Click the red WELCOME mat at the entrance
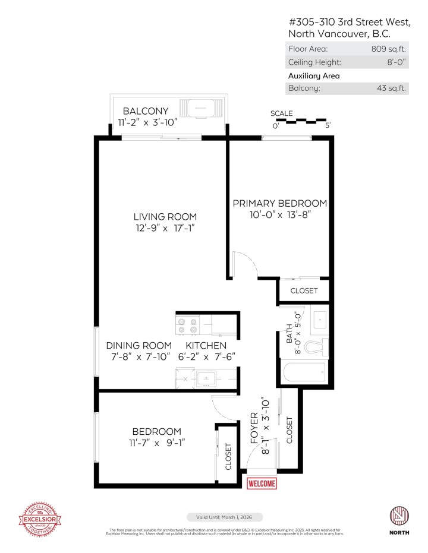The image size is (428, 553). tap(262, 484)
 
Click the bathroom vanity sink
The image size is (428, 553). tap(320, 320)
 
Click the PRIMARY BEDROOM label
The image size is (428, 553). tap(279, 203)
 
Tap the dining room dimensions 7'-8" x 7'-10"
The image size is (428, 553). tap(139, 356)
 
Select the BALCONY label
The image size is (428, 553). tap(145, 111)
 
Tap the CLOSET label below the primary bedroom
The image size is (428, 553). tap(303, 291)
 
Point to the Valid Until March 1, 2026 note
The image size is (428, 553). tap(224, 517)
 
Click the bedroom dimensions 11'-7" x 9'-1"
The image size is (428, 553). tap(156, 443)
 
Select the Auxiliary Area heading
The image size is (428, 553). tap(314, 75)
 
